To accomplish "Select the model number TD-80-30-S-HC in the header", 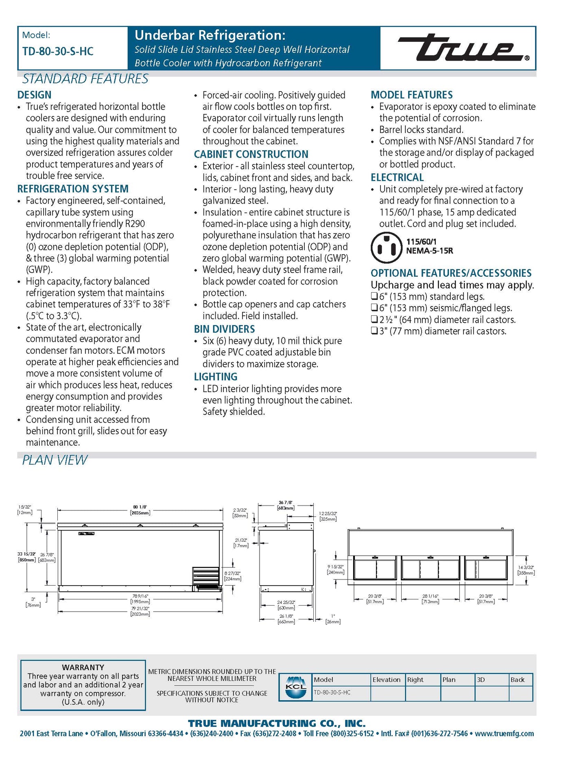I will coord(58,52).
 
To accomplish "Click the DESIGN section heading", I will coord(34,95).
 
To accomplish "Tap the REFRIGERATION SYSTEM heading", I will coord(73,189).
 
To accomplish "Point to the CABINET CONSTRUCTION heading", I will coord(251,154).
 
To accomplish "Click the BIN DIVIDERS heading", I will coord(224,329).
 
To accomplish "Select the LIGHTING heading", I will coord(216,377).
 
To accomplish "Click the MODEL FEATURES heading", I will coord(411,95).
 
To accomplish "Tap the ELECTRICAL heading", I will coord(397,178).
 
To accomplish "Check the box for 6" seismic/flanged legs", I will coord(374,308).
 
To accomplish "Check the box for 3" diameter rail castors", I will coord(374,331).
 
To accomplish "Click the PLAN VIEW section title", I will coord(55,460).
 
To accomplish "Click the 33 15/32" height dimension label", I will coord(27,557).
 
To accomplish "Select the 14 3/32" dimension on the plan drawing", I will coord(526,570).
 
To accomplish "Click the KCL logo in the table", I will coord(296,687).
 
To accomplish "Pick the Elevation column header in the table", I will coord(386,680).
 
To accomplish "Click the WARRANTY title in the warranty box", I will coord(83,667).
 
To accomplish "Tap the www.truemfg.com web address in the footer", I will coord(504,734).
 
